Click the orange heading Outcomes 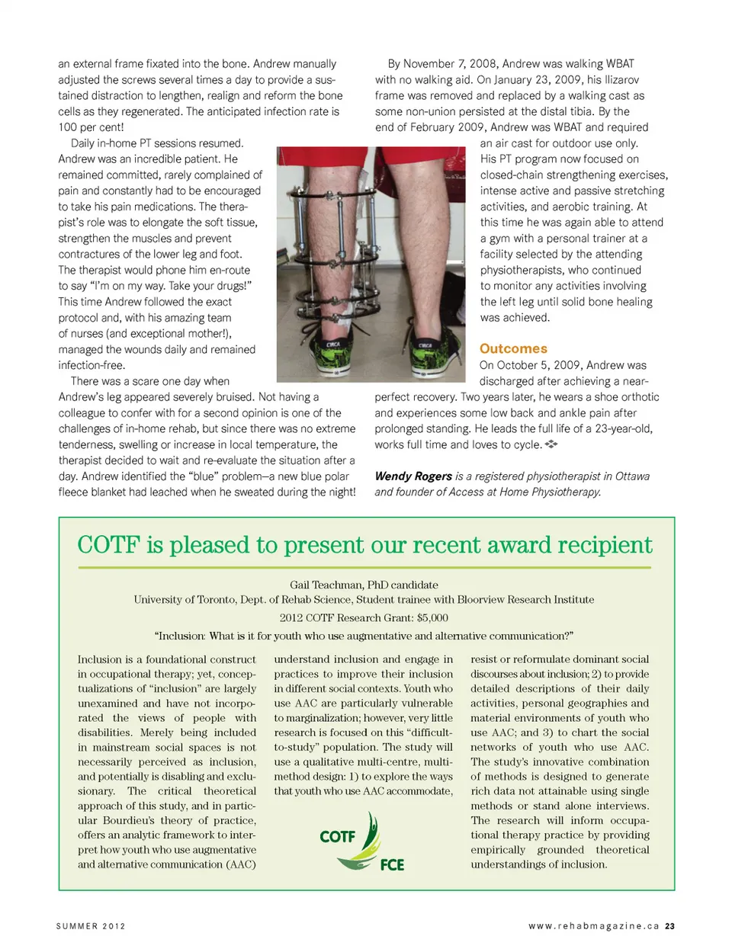(513, 348)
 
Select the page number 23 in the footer (669, 926)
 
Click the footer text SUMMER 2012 (91, 926)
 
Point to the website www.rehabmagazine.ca (593, 926)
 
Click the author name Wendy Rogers (413, 476)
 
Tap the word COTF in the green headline (109, 545)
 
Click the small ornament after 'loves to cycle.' (551, 444)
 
